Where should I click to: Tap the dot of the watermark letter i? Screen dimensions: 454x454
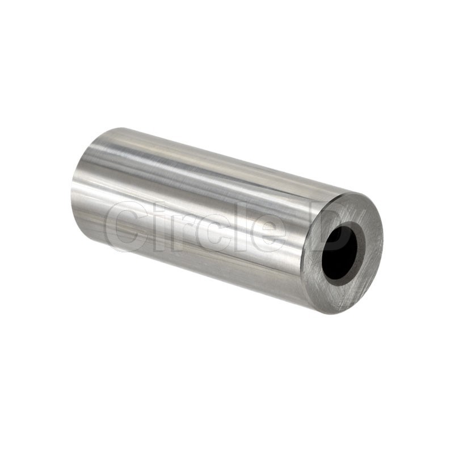pyautogui.click(x=149, y=206)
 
